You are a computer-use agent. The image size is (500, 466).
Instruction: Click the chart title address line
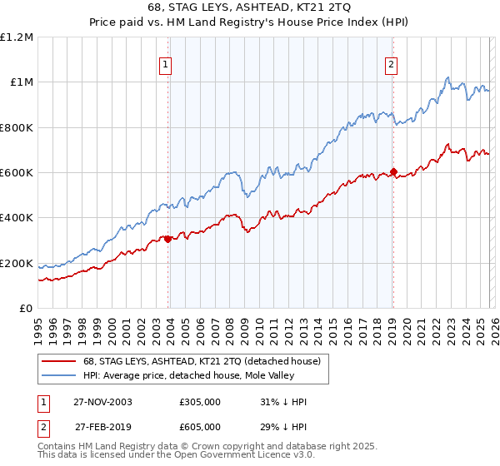point(250,8)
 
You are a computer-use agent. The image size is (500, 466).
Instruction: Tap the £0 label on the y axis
point(26,309)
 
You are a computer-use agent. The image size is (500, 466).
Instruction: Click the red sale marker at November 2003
point(168,239)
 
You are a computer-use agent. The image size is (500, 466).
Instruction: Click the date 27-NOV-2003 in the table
point(102,402)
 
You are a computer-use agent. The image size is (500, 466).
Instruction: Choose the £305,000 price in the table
point(200,402)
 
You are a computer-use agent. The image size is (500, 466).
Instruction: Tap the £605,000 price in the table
point(200,427)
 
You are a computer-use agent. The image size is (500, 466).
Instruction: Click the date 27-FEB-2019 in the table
point(102,427)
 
